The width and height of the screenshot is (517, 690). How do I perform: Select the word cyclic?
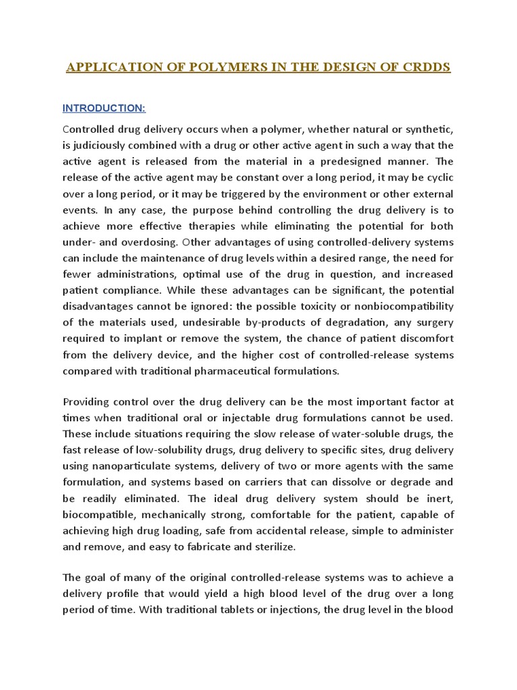click(438, 178)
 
